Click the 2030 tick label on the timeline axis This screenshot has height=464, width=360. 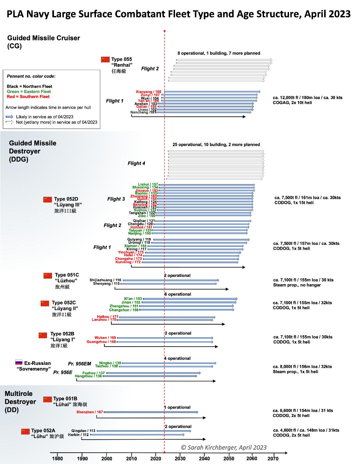point(180,459)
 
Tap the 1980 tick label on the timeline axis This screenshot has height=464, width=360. point(57,459)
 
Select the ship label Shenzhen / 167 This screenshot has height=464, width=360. point(90,412)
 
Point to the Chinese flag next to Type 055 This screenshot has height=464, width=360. point(105,59)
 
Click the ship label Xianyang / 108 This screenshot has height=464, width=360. point(148,92)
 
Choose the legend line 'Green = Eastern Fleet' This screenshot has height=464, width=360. point(29,91)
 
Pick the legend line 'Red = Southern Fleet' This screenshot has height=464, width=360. point(28,97)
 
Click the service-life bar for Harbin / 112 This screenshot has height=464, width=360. point(137,435)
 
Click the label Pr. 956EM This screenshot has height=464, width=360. point(79,364)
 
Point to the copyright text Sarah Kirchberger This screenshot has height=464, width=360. point(224,448)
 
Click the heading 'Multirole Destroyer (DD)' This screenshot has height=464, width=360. point(20,402)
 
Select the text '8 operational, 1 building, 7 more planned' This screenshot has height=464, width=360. point(219,53)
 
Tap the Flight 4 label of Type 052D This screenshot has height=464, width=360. point(136,163)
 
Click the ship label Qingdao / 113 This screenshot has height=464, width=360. point(83,431)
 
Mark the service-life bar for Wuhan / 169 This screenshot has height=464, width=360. point(165,338)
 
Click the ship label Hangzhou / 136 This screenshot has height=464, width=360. point(88,376)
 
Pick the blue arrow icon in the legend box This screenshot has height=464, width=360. point(10,117)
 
